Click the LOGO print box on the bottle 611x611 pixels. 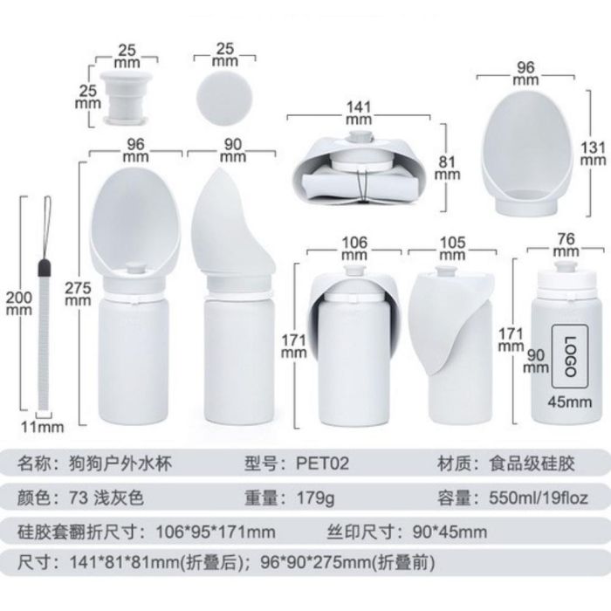569,356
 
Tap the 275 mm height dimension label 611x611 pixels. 78,294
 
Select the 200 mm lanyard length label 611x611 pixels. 18,304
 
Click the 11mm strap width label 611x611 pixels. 43,427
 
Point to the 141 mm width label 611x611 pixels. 359,113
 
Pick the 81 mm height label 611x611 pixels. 447,168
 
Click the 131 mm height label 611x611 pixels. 593,154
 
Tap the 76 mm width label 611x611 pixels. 566,244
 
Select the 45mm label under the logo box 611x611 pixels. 570,402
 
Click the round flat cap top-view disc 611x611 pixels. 224,98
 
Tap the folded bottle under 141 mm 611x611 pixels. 359,168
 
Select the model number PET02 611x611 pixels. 322,463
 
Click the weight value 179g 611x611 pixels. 316,498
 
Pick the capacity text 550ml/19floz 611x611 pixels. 539,498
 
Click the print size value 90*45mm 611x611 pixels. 450,532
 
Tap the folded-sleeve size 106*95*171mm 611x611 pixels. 216,532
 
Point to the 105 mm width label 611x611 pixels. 452,249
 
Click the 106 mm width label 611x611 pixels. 354,249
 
